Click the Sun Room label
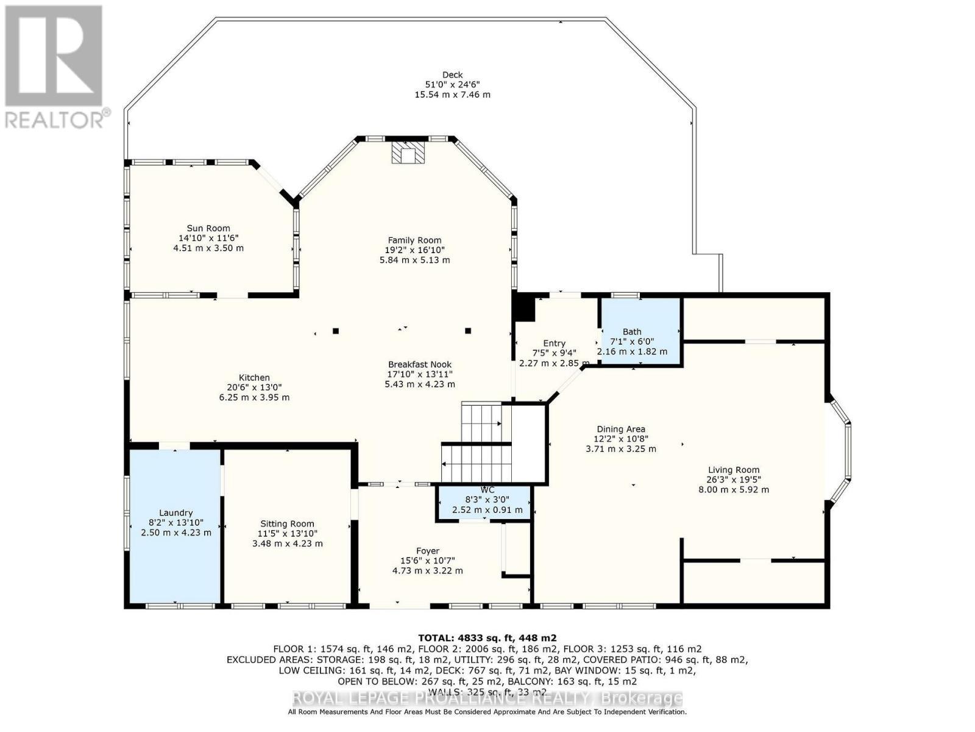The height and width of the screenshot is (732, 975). pos(208,228)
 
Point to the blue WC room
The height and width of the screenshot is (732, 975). pos(484,502)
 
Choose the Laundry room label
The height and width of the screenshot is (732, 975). pos(175,513)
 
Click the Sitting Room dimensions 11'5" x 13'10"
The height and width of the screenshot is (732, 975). pos(287,534)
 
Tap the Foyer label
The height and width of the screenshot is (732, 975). pos(427,551)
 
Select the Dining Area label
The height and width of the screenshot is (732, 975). pos(620,429)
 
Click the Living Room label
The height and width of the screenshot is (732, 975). pos(733,470)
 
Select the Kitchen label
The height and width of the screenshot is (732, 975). pos(254,378)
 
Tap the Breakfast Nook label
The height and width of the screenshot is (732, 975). pos(419,364)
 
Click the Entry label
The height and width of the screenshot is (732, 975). pos(554,343)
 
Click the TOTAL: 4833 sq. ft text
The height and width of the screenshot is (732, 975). pos(487,638)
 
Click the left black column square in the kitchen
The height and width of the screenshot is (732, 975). pos(336,331)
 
